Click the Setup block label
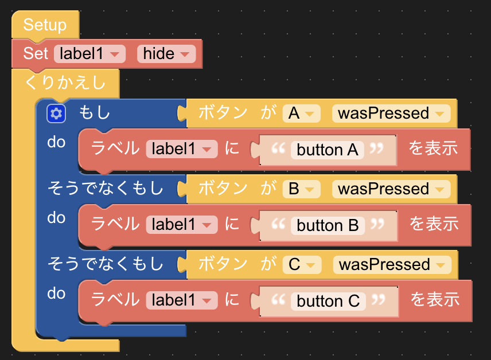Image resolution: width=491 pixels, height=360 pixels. click(45, 25)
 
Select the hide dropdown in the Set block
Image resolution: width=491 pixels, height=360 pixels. click(166, 54)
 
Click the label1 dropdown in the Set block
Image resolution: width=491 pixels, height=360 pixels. click(89, 54)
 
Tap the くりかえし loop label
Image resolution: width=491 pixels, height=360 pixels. click(65, 83)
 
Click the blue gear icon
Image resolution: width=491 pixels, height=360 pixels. click(56, 114)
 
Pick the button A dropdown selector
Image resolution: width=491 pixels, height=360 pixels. click(301, 114)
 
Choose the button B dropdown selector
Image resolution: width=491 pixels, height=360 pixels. click(301, 189)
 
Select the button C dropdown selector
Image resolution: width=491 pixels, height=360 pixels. click(302, 265)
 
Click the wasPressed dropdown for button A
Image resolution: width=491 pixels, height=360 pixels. click(391, 114)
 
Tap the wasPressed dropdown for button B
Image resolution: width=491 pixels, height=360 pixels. click(391, 189)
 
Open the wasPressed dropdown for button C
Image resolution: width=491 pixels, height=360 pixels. click(392, 265)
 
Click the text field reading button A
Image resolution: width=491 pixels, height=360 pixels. click(327, 150)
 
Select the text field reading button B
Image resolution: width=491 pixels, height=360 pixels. click(328, 226)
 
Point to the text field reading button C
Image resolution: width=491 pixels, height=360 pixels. click(328, 302)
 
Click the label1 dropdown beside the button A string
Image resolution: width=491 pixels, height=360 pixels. click(182, 149)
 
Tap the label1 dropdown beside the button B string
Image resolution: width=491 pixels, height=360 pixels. click(182, 225)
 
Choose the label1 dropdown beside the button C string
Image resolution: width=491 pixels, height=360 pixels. click(182, 300)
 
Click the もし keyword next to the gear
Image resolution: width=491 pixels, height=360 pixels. click(94, 113)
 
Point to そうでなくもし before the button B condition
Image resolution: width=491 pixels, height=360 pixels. click(106, 189)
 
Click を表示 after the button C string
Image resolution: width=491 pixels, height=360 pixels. click(435, 299)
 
